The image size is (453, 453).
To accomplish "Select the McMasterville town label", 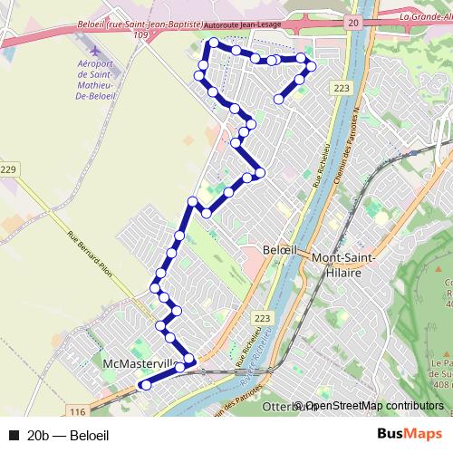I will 136,363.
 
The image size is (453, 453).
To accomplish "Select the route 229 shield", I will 9,170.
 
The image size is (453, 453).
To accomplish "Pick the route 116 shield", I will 77,387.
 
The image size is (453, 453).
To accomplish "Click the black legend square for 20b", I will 14,435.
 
